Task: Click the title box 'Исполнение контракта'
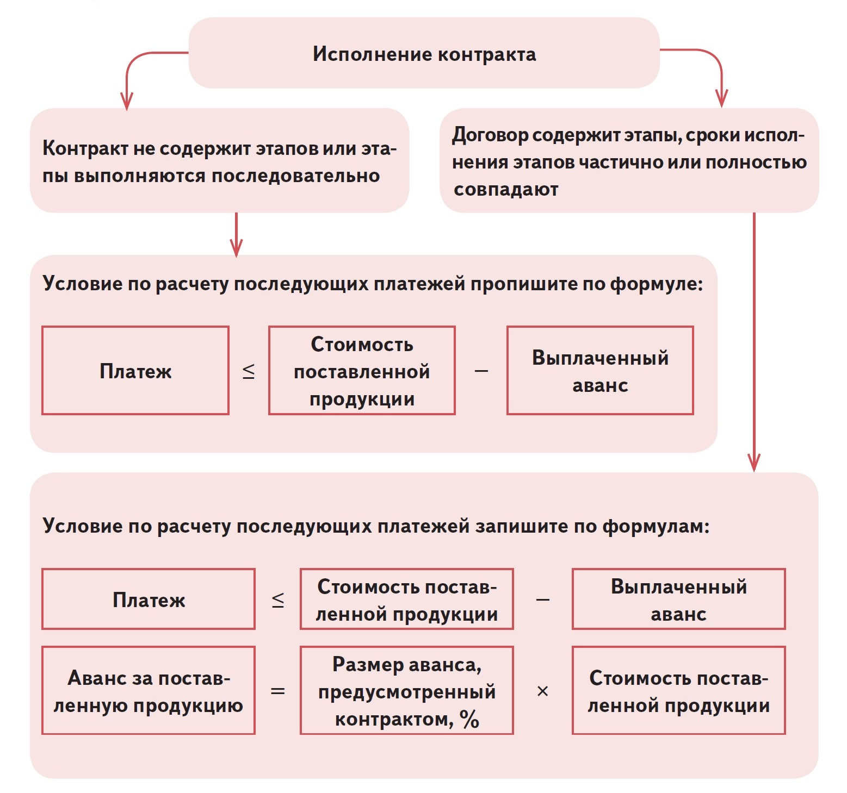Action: pyautogui.click(x=424, y=53)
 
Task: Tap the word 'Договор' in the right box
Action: pyautogui.click(x=490, y=135)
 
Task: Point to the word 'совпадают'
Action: pyautogui.click(x=506, y=190)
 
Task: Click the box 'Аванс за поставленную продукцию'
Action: pyautogui.click(x=149, y=690)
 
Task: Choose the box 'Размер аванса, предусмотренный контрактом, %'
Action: pyautogui.click(x=406, y=690)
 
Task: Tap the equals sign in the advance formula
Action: pyautogui.click(x=277, y=691)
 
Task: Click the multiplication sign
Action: pyautogui.click(x=542, y=691)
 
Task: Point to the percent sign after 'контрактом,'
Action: pyautogui.click(x=469, y=720)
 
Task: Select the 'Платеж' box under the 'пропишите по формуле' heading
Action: pyautogui.click(x=135, y=371)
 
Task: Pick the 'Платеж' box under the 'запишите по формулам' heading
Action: pyautogui.click(x=149, y=600)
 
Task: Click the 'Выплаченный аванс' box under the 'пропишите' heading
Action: pyautogui.click(x=600, y=371)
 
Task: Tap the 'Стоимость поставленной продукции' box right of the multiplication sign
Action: pyautogui.click(x=678, y=690)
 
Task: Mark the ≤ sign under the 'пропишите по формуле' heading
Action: pyautogui.click(x=249, y=371)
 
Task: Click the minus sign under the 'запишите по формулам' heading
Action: pyautogui.click(x=542, y=600)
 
